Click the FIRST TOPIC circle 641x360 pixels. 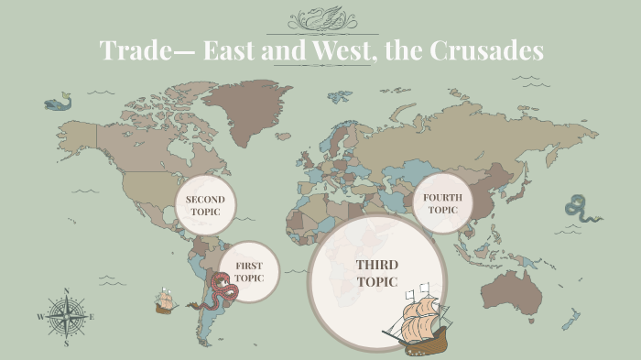click(x=249, y=271)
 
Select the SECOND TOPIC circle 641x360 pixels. click(x=205, y=204)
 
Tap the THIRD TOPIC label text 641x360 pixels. click(x=377, y=273)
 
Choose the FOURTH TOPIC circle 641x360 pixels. click(x=442, y=202)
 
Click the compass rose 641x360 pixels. click(x=66, y=317)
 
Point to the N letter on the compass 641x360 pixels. click(x=66, y=291)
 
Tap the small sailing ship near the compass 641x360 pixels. click(x=165, y=301)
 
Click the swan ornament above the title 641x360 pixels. click(x=320, y=17)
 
